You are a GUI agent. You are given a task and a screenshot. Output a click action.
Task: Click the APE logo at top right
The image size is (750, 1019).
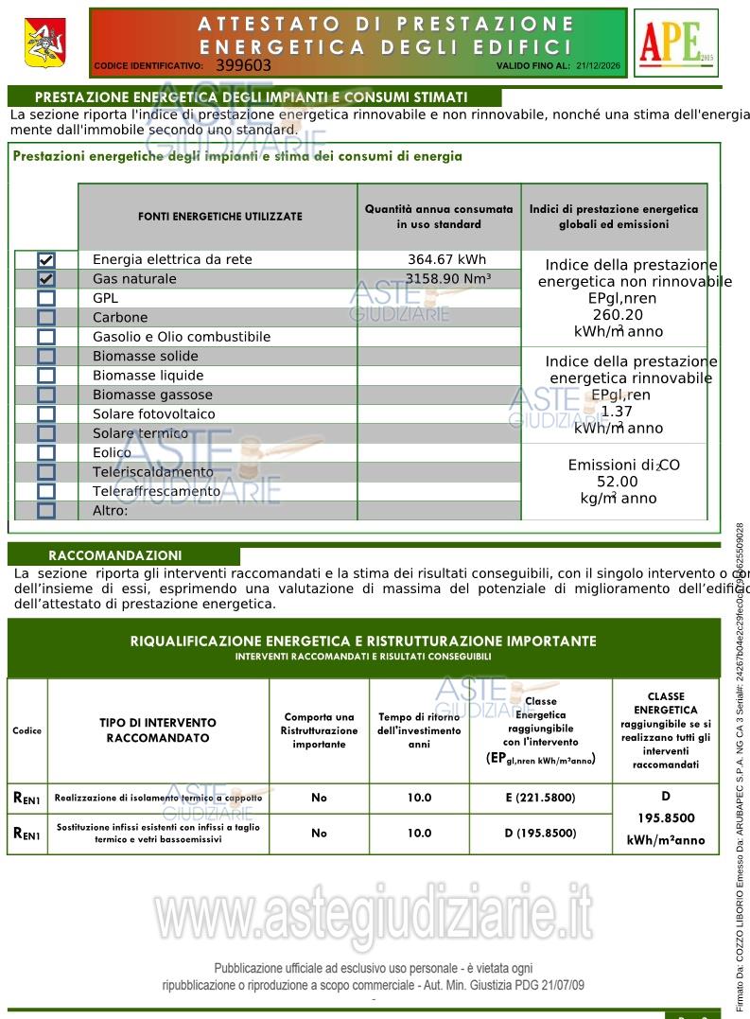[x=676, y=43]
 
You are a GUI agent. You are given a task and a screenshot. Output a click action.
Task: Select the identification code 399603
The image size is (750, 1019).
[x=243, y=65]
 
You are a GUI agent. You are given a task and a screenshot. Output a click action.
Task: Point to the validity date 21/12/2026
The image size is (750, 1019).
[x=598, y=66]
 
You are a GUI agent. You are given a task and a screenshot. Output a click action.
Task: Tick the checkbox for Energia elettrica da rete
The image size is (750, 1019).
[x=46, y=260]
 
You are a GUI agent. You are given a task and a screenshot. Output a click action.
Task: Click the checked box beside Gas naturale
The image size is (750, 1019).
[x=46, y=279]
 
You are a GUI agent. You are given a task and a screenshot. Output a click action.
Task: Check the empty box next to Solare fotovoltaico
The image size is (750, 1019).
[x=46, y=414]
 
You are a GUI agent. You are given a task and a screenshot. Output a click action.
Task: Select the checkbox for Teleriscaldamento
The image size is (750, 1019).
[x=46, y=472]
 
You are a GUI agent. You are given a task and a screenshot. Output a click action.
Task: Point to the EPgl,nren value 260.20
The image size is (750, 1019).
[x=618, y=315]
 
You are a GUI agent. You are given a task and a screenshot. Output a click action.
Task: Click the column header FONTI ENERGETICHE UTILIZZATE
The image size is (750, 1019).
[x=220, y=217]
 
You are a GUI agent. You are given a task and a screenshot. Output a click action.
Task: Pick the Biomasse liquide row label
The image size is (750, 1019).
[x=148, y=376]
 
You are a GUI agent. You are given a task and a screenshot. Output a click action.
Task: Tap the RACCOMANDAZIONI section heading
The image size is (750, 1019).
[x=114, y=555]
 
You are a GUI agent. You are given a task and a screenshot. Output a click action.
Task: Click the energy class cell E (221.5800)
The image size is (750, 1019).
[x=540, y=798]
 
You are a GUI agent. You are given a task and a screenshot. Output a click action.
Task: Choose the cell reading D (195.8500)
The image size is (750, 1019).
[x=540, y=833]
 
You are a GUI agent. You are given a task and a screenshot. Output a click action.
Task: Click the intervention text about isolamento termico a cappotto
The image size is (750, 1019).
[x=158, y=798]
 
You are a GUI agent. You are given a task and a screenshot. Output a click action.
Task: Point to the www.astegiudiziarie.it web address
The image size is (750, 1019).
[x=375, y=914]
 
